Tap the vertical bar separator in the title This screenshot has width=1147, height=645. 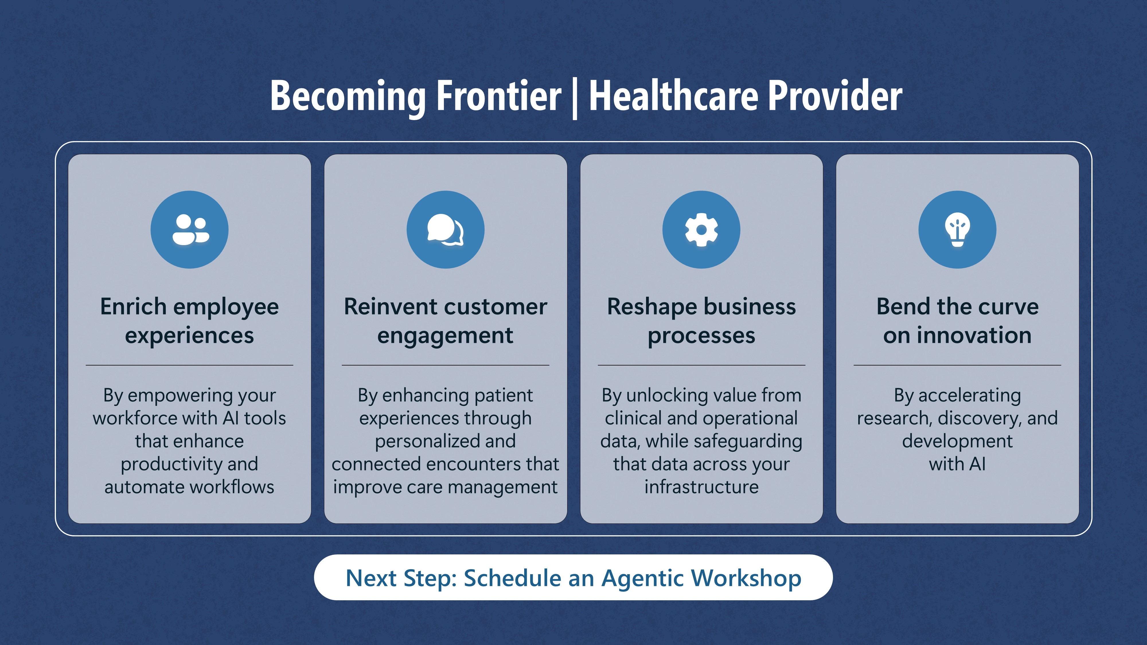pyautogui.click(x=575, y=98)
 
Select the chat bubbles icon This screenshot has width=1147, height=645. pyautogui.click(x=445, y=230)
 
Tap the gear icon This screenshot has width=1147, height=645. pyautogui.click(x=701, y=230)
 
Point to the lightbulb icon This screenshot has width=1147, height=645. pyautogui.click(x=957, y=230)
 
